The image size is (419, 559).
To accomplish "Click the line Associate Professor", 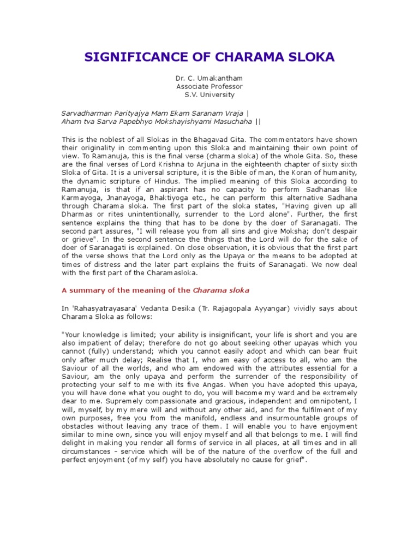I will pos(209,87).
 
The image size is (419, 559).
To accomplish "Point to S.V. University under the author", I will pos(209,95).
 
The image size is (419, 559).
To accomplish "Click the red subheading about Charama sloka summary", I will pos(155,290).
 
